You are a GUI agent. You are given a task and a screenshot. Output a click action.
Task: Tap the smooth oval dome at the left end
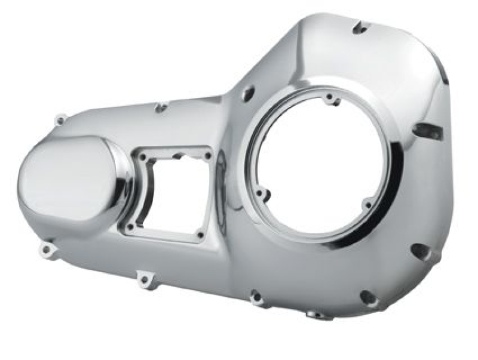click(69, 179)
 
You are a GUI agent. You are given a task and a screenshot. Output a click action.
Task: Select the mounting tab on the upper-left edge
click(60, 120)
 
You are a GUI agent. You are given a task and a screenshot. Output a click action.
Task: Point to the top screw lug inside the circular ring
click(330, 98)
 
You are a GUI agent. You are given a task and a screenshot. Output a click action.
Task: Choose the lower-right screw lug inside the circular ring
click(367, 205)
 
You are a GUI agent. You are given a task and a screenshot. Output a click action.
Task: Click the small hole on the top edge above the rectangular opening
click(161, 108)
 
